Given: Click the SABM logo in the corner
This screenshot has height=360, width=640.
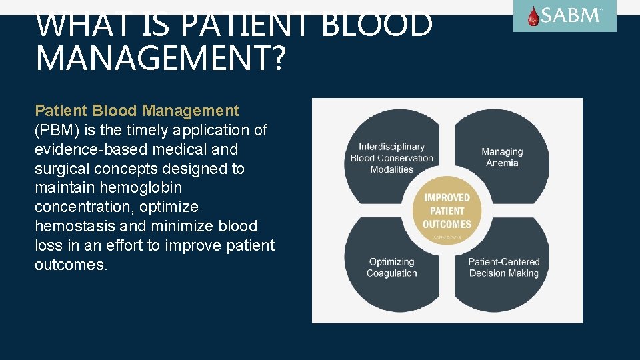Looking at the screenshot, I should [565, 16].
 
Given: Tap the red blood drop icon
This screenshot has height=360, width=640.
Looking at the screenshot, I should [533, 16].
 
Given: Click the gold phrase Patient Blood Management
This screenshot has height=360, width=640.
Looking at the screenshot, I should [137, 111].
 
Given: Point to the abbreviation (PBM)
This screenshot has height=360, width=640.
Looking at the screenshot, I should [56, 130].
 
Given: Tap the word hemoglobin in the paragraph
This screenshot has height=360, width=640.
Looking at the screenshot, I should [141, 188].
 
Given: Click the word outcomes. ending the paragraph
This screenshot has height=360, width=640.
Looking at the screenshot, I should [71, 265].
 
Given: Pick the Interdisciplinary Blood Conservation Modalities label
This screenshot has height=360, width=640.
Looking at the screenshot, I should [391, 158].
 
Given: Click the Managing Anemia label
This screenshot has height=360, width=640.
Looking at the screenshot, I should [502, 157].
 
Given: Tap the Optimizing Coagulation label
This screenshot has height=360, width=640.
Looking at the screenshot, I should [391, 267].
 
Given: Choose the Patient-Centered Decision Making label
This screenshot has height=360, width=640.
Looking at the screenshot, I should [503, 267].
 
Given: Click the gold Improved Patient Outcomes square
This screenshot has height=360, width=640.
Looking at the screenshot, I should [447, 211].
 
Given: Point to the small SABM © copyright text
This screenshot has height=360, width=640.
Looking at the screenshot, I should [447, 237].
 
